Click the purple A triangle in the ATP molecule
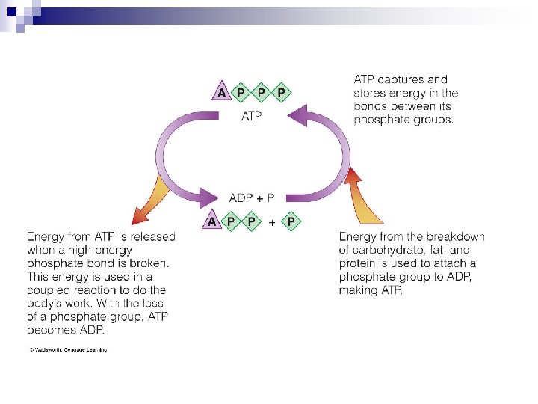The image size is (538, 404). [221, 93]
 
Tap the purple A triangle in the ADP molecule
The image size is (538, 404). [212, 221]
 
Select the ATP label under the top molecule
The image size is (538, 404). [251, 117]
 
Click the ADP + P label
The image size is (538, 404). [251, 198]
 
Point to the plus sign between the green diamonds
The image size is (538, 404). [272, 222]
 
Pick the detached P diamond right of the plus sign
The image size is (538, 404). [290, 221]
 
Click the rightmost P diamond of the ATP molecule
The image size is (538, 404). [281, 93]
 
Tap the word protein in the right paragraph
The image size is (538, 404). [359, 263]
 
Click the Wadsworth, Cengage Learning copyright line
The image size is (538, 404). [68, 350]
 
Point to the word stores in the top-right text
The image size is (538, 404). [372, 93]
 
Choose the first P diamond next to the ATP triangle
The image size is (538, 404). [241, 93]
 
